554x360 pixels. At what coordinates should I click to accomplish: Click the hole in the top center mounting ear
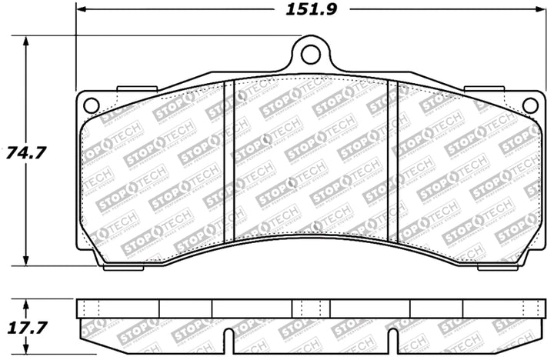click(309, 55)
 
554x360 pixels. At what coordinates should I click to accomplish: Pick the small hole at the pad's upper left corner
click(90, 105)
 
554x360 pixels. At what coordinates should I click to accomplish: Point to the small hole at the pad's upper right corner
click(529, 105)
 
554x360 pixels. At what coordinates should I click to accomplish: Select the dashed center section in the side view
click(309, 308)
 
